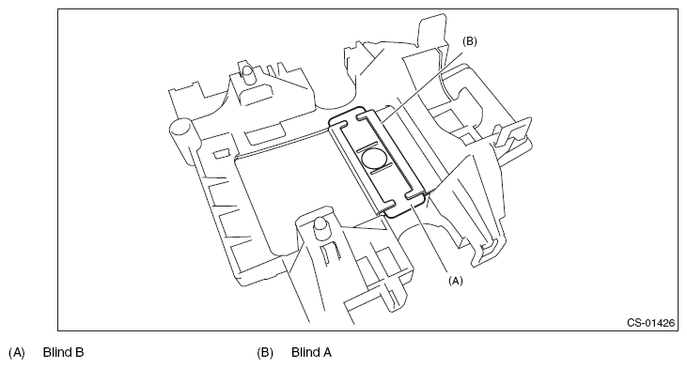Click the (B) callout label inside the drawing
tap(470, 41)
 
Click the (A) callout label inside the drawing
tap(455, 281)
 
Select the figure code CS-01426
tap(650, 323)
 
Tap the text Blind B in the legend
tap(64, 352)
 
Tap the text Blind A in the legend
tap(311, 352)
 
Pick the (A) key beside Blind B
tap(17, 352)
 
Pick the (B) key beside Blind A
tap(265, 352)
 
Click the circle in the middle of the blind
tap(373, 159)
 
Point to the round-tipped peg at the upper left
tap(248, 73)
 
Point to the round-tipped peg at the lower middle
tap(320, 226)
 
